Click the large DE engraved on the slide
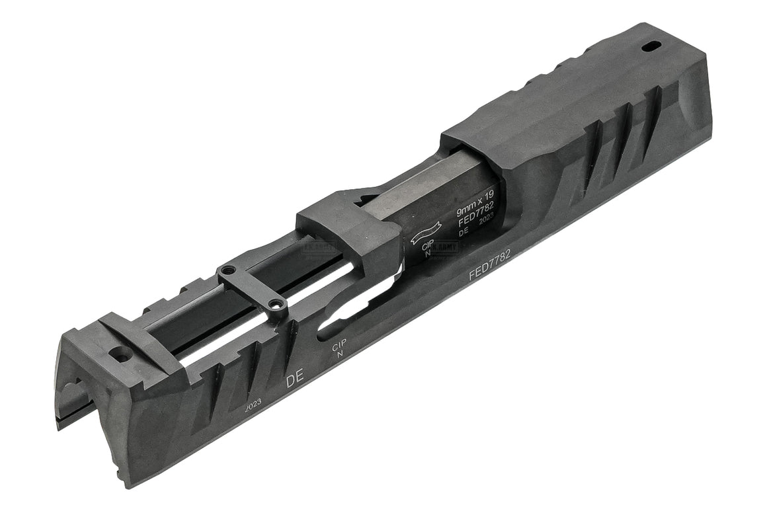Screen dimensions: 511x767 pos(294,380)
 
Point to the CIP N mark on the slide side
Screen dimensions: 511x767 pos(339,349)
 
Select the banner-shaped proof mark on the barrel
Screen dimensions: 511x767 pos(422,232)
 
